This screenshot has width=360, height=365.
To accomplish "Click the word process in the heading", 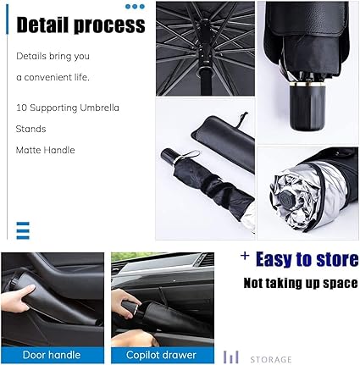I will (x=112, y=25).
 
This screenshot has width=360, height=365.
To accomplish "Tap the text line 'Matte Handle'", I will (x=46, y=150).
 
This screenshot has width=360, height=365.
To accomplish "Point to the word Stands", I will (x=30, y=129).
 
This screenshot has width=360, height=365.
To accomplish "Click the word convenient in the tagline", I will (x=45, y=77).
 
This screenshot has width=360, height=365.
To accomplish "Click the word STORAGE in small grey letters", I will (x=270, y=359).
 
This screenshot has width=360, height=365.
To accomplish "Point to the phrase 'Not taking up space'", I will (x=300, y=282).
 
